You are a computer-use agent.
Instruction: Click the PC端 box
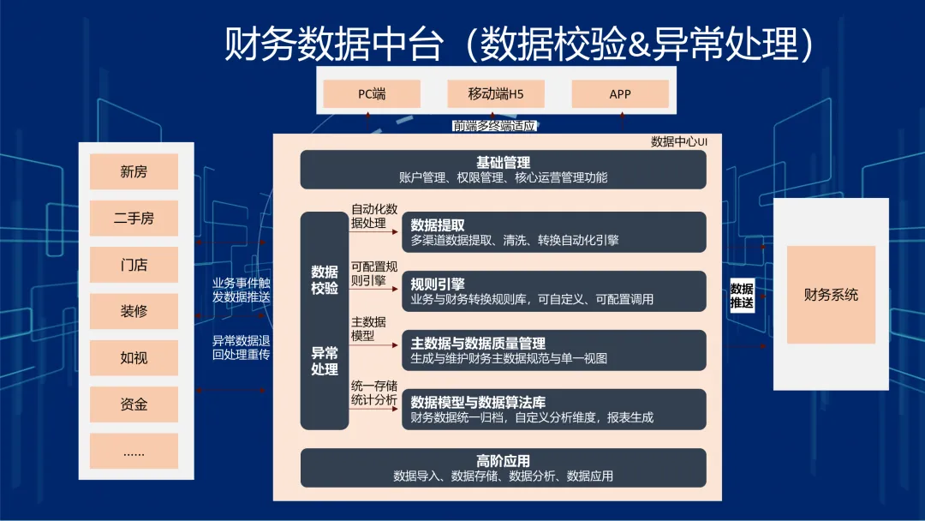pos(372,93)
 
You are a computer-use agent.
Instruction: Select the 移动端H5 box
pos(496,93)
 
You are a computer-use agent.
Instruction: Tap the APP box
pos(620,93)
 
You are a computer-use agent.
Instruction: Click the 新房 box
pos(134,171)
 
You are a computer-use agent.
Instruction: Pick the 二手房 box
pos(134,219)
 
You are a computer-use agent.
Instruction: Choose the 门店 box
pos(134,265)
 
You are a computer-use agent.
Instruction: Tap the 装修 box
pos(134,311)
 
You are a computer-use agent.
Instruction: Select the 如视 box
pos(134,357)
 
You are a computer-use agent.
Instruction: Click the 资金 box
pos(134,404)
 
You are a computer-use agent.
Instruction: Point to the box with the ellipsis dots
pos(134,452)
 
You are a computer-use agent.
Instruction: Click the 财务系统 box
pos(831,295)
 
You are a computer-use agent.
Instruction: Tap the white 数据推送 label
pos(742,296)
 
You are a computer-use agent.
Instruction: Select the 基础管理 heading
pos(504,162)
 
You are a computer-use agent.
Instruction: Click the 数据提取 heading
pos(438,225)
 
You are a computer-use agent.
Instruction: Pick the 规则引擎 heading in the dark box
pos(438,284)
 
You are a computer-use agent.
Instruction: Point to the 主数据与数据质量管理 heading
pos(478,343)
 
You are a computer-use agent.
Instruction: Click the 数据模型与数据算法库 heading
pos(478,402)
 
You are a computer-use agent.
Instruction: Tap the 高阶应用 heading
pos(504,461)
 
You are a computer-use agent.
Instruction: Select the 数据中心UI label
pos(679,141)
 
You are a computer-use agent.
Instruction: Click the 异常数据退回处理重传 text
pos(242,348)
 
